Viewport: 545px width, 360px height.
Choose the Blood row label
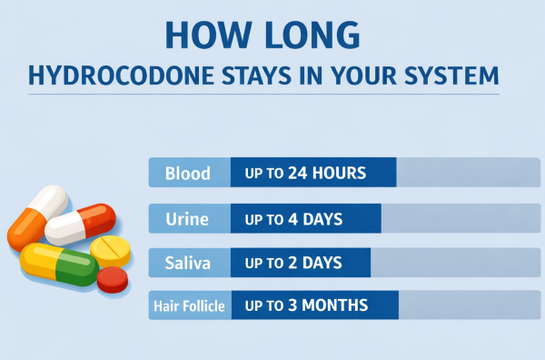pyautogui.click(x=188, y=172)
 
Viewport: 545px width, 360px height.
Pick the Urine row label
pyautogui.click(x=188, y=218)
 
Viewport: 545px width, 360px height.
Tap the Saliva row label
pyautogui.click(x=188, y=263)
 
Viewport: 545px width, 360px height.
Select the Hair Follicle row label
pyautogui.click(x=189, y=306)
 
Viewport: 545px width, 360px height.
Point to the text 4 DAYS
pyautogui.click(x=319, y=218)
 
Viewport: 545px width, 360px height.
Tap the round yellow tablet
pyautogui.click(x=112, y=248)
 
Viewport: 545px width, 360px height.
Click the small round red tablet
pyautogui.click(x=113, y=279)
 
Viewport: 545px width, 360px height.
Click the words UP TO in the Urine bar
pyautogui.click(x=263, y=218)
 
